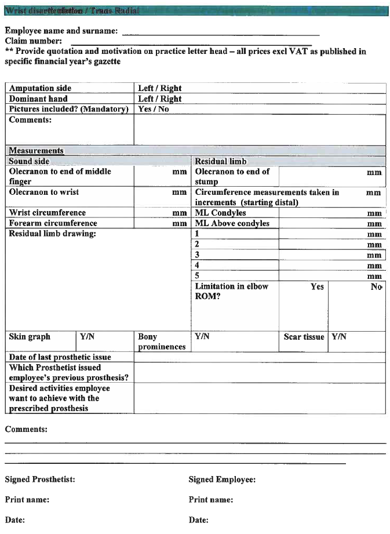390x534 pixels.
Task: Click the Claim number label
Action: tap(33, 41)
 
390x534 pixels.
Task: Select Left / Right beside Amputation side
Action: tap(159, 89)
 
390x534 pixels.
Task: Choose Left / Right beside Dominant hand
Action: tap(159, 99)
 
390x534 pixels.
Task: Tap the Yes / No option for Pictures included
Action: tap(154, 109)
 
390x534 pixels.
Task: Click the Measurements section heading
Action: tap(36, 151)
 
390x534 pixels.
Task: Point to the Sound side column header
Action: tap(29, 161)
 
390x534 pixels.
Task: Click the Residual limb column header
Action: tap(221, 161)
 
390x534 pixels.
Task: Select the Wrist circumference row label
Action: tap(47, 213)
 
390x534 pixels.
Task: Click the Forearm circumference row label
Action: tap(53, 223)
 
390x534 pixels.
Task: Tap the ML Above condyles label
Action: tap(232, 223)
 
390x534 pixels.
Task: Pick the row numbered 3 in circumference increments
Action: tap(198, 255)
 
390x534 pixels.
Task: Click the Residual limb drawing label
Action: tap(52, 234)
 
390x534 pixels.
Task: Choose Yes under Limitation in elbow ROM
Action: tap(317, 286)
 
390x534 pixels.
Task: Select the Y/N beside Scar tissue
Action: tap(338, 337)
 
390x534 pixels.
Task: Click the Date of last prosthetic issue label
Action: tap(60, 357)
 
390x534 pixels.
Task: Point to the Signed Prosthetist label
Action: tap(40, 479)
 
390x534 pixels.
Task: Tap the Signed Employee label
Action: tap(222, 479)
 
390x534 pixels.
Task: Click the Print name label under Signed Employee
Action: tap(211, 500)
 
